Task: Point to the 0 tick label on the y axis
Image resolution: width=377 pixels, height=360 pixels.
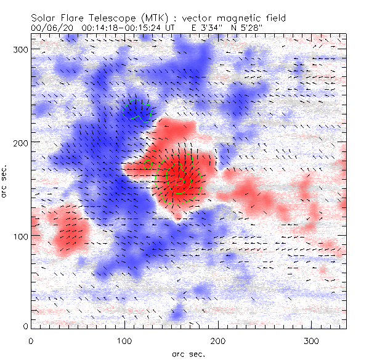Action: (x=25, y=326)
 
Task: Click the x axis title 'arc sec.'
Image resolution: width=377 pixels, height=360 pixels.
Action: (x=187, y=353)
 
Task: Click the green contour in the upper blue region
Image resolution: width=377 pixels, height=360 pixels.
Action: (x=137, y=111)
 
